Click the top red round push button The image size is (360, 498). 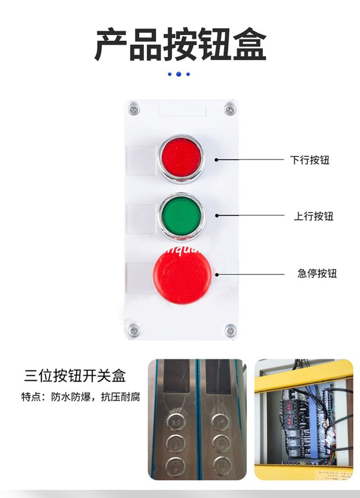181,157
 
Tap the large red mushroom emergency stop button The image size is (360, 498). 182,275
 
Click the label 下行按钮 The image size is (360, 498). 309,160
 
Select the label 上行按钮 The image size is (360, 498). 313,216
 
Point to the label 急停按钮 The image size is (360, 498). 317,274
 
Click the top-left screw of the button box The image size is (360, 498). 134,109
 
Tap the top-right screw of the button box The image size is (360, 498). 230,109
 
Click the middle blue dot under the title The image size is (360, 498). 178,74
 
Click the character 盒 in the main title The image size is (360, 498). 249,45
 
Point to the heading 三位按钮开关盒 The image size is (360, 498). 75,376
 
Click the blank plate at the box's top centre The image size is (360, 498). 182,111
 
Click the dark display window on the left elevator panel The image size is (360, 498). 176,376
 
